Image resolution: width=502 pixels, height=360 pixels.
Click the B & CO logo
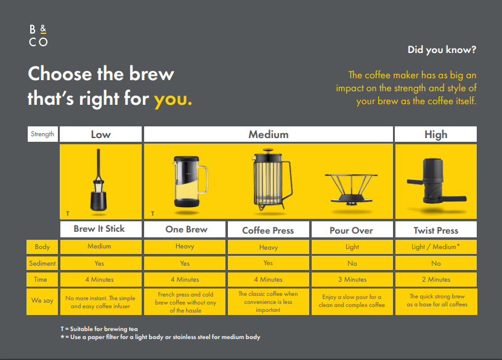click(x=38, y=36)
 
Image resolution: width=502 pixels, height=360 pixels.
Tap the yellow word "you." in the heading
click(x=172, y=99)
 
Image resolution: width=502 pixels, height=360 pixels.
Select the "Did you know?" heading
click(x=442, y=50)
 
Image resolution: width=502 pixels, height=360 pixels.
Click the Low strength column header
click(x=101, y=134)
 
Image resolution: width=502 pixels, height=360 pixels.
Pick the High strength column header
click(x=435, y=134)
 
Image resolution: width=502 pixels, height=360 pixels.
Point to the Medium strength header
click(x=269, y=134)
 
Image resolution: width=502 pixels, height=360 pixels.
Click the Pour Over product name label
click(x=351, y=230)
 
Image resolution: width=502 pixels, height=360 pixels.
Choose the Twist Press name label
click(x=435, y=230)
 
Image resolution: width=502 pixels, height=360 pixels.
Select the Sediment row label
click(x=43, y=263)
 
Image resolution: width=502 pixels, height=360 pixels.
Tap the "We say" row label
click(x=43, y=300)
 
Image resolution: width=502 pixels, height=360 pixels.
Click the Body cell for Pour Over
click(x=351, y=247)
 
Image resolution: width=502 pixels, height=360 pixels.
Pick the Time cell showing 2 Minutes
click(x=435, y=279)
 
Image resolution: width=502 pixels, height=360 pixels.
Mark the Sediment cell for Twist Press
click(x=435, y=263)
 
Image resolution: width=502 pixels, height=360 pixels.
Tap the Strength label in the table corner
click(x=43, y=134)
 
